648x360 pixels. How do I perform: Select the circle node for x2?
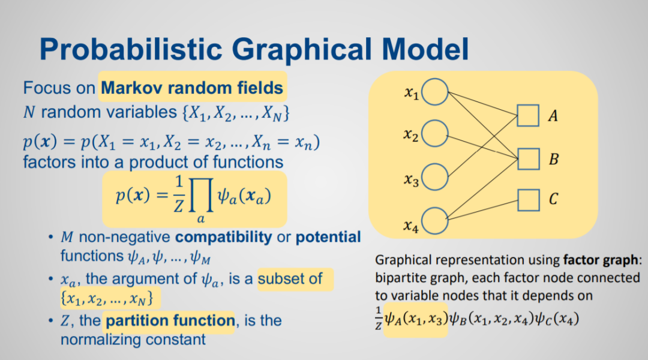pyautogui.click(x=436, y=134)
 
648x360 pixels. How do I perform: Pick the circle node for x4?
pyautogui.click(x=436, y=220)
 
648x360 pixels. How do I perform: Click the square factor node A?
pyautogui.click(x=528, y=115)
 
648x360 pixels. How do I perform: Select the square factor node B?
pyautogui.click(x=528, y=159)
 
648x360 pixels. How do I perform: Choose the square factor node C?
pyautogui.click(x=528, y=199)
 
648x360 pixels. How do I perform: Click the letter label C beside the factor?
pyautogui.click(x=553, y=199)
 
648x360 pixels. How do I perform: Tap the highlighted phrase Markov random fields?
pyautogui.click(x=192, y=88)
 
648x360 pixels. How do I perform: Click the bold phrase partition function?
pyautogui.click(x=170, y=321)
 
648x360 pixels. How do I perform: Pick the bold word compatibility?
pyautogui.click(x=223, y=237)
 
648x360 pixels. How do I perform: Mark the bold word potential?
pyautogui.click(x=328, y=237)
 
